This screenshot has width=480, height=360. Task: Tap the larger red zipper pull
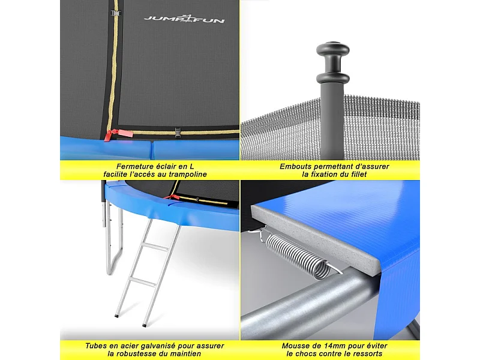(108, 136)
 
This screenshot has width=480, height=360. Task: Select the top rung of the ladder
(160, 247)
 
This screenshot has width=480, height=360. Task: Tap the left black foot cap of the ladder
(116, 316)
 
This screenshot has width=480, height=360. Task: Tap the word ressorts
(365, 355)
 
